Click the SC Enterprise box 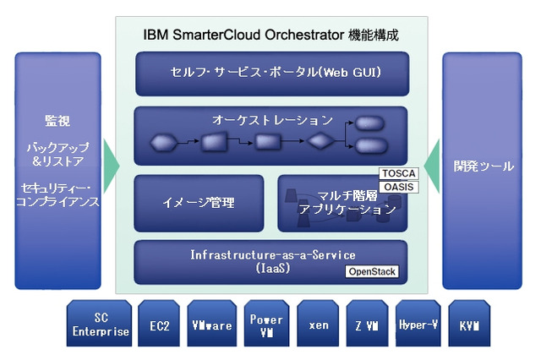tap(101, 323)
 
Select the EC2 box tap(160, 324)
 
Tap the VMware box tap(212, 324)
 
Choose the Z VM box tap(367, 324)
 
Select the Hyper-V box tap(418, 324)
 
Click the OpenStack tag tap(372, 272)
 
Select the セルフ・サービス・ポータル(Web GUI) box tap(271, 73)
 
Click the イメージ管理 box tap(200, 203)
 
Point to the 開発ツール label tap(483, 166)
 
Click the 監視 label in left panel tap(57, 121)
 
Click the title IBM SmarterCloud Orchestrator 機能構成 tap(271, 35)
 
